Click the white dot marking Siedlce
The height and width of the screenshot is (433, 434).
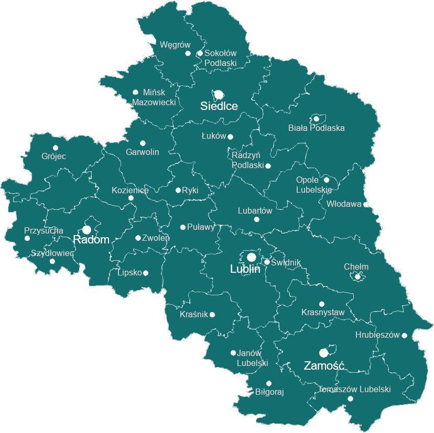click(219, 95)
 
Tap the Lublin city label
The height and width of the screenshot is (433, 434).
click(245, 269)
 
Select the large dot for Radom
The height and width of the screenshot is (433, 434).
click(86, 230)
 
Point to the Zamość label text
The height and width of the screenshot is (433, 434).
click(324, 365)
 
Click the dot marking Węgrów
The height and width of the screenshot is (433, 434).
click(188, 53)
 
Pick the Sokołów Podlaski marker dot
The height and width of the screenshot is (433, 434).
click(200, 53)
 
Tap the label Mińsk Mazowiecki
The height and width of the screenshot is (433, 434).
click(154, 97)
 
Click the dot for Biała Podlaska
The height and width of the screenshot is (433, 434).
click(316, 119)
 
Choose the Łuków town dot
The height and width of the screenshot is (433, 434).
click(230, 137)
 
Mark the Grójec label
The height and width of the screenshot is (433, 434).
click(54, 156)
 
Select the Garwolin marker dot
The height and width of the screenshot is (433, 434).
click(143, 143)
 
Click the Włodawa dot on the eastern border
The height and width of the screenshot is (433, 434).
click(366, 204)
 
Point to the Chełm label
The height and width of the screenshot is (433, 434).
click(356, 267)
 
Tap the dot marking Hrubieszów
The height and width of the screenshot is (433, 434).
click(404, 335)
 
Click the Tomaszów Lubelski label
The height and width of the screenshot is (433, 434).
click(354, 389)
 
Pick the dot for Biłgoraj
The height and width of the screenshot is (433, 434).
click(269, 383)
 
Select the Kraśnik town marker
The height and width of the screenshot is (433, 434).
click(212, 315)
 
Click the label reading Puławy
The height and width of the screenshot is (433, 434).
click(201, 227)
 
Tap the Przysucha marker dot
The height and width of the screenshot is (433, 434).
click(27, 238)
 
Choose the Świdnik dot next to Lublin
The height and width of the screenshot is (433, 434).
click(267, 262)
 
